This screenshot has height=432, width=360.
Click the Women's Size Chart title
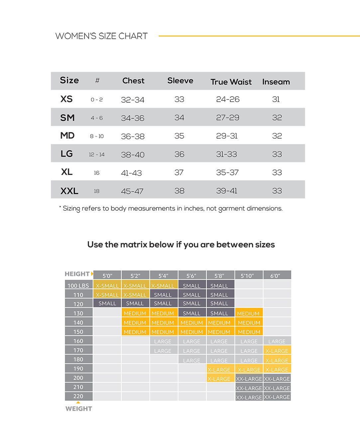click(101, 36)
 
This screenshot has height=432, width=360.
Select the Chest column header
click(133, 80)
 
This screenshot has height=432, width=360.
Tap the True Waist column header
click(231, 82)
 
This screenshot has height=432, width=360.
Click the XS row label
click(66, 99)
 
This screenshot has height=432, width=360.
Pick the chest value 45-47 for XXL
click(132, 191)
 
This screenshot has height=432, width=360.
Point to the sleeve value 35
click(179, 136)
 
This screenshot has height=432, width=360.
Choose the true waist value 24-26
click(228, 99)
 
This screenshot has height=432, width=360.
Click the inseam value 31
click(276, 99)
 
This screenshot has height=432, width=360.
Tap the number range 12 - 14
click(97, 155)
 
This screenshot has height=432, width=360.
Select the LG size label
click(67, 154)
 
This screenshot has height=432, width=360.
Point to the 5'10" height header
click(249, 276)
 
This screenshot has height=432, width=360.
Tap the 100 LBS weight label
click(78, 286)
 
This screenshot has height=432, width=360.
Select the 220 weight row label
click(78, 396)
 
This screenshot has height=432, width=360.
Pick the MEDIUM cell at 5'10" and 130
click(249, 313)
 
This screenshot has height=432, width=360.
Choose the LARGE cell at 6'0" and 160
click(277, 341)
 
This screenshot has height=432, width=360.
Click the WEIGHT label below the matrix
click(79, 409)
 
